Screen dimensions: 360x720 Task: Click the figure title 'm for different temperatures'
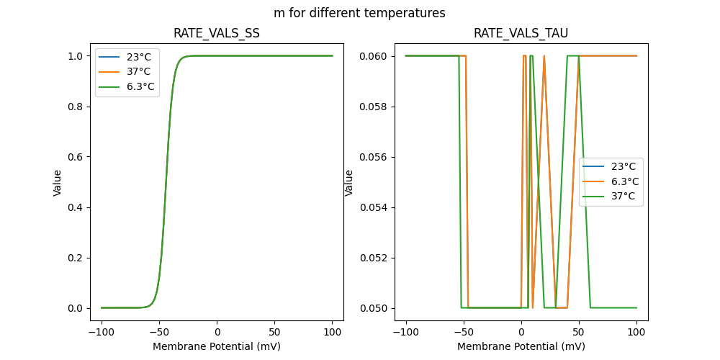pos(359,13)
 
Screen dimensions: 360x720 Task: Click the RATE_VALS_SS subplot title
pos(217,34)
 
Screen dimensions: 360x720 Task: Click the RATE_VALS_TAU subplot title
pos(521,34)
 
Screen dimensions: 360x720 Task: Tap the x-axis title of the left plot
pos(217,346)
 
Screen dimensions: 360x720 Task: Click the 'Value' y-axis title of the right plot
pos(349,182)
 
